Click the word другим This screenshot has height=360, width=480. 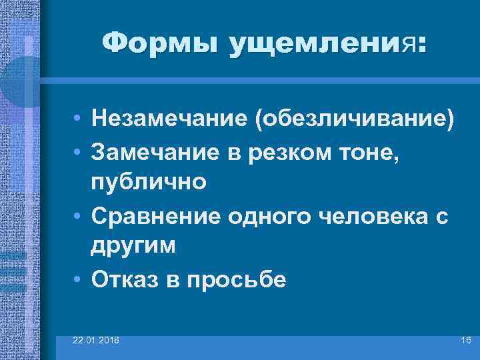tap(134, 245)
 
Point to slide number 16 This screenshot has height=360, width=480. tap(465, 341)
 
